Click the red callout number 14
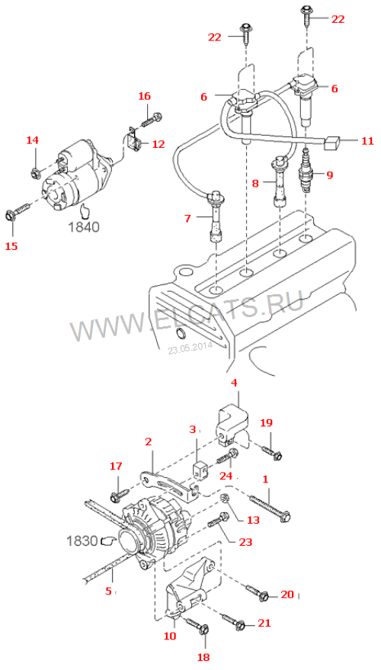coord(33,139)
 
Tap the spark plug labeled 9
coord(307,171)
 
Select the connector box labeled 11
coord(331,143)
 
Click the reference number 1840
coord(83,227)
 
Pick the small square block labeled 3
coord(200,470)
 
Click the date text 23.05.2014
coord(190,348)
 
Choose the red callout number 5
coord(108,591)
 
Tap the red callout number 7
coord(187,218)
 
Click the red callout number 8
coord(256,184)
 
